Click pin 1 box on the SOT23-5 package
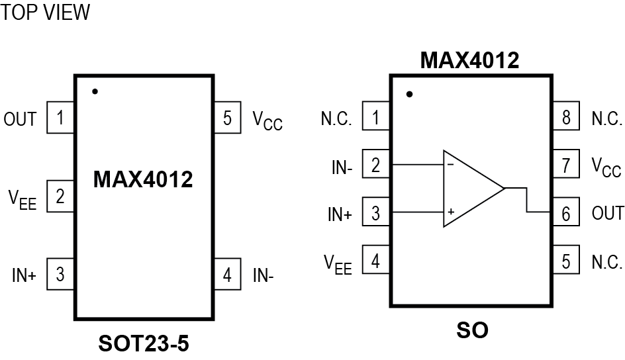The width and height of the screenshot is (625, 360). point(60,119)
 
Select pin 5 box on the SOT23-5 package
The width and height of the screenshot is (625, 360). point(227,119)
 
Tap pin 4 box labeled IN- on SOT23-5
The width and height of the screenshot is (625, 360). point(227,275)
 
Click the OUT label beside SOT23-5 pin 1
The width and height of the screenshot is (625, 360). point(21,120)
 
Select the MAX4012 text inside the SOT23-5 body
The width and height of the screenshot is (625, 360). point(143,179)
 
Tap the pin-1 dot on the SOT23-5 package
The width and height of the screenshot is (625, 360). point(95,91)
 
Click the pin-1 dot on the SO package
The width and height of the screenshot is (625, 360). point(409,94)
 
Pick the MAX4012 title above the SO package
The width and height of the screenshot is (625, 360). point(470,61)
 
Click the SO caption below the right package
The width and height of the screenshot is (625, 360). point(472,330)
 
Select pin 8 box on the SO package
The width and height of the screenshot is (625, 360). point(566,118)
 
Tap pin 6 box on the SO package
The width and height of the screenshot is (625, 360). point(566,213)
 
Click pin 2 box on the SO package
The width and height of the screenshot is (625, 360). point(376,165)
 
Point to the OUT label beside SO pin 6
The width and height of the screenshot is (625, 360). point(607,213)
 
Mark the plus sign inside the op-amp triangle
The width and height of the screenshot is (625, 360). point(450,212)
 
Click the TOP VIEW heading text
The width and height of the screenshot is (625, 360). point(45,13)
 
